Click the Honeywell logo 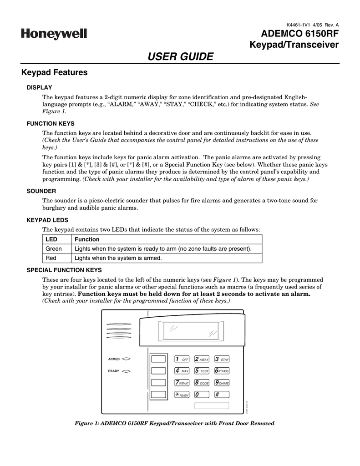pyautogui.click(x=53, y=34)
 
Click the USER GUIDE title pyautogui.click(x=181, y=56)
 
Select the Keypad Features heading pyautogui.click(x=55, y=72)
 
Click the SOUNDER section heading pyautogui.click(x=41, y=191)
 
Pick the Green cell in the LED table pyautogui.click(x=54, y=249)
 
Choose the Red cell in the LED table pyautogui.click(x=51, y=258)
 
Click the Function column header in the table pyautogui.click(x=87, y=239)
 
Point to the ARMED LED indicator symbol pyautogui.click(x=127, y=359)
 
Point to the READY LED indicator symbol pyautogui.click(x=127, y=371)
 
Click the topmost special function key pyautogui.click(x=158, y=359)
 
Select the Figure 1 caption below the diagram pyautogui.click(x=174, y=423)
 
